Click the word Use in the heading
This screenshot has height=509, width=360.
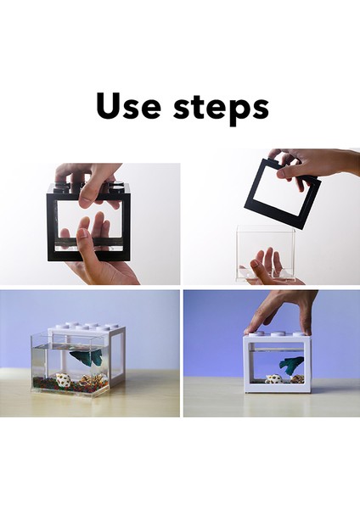[128, 106]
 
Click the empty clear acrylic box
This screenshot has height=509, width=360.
[266, 253]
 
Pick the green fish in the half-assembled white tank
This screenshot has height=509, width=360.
[82, 357]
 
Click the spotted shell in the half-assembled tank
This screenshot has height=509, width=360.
[64, 380]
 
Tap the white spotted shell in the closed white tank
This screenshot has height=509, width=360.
[273, 379]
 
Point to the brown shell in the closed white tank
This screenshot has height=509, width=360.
[296, 379]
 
